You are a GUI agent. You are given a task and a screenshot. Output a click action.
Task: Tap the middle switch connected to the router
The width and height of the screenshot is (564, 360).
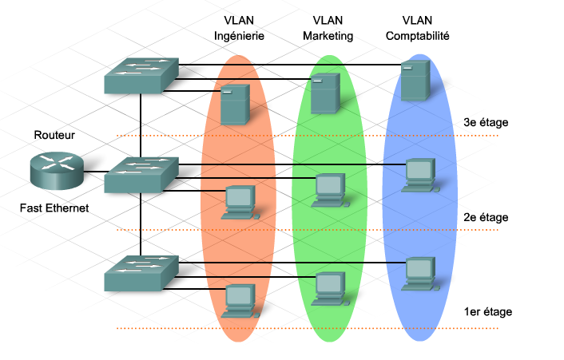click(141, 174)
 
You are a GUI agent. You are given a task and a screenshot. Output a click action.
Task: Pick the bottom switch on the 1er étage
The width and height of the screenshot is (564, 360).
click(141, 272)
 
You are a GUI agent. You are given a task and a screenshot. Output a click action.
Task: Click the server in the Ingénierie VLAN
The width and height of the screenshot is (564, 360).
click(236, 106)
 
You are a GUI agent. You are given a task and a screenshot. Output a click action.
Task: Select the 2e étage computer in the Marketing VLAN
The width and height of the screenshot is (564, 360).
click(328, 188)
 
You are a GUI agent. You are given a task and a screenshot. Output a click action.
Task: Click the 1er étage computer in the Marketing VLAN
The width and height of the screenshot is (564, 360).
click(328, 287)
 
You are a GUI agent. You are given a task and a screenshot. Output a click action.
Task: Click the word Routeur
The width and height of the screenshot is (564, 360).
click(54, 135)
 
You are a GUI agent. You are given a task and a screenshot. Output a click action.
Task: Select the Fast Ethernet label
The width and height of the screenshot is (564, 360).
click(54, 208)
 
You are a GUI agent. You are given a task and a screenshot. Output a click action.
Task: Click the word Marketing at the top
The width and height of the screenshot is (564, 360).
click(327, 36)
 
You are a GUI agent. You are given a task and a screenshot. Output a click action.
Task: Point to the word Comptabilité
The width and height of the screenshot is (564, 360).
click(418, 36)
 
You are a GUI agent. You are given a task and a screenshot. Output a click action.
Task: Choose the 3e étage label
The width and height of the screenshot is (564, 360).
click(486, 122)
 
